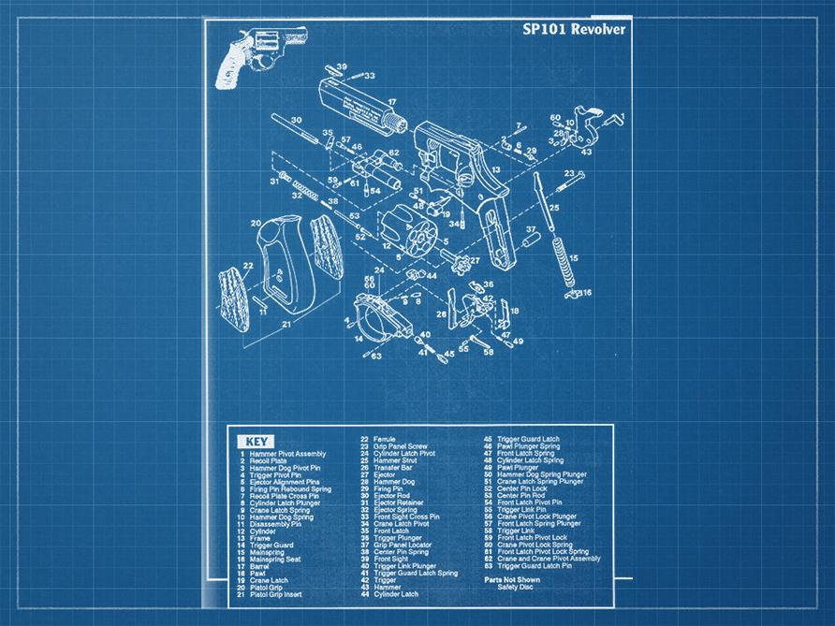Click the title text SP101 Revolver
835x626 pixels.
tap(573, 29)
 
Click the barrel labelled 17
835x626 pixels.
tap(356, 103)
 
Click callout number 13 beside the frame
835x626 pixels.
tap(496, 170)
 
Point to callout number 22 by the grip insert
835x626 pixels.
tap(247, 267)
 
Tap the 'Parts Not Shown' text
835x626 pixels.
tap(511, 580)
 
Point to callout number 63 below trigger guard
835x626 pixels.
tap(376, 356)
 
